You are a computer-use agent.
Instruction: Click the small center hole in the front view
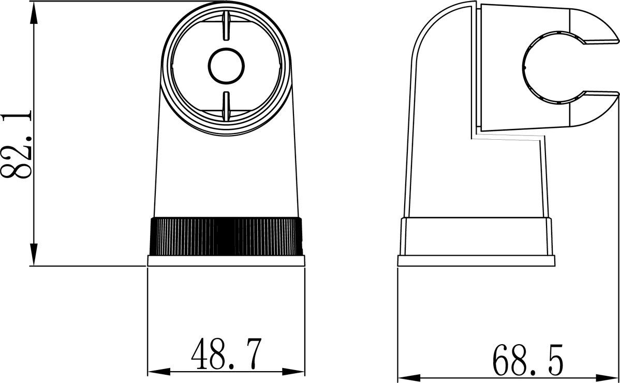[x=226, y=65]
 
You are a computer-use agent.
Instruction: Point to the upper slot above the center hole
[x=226, y=26]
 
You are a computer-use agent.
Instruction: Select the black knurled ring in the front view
[x=226, y=237]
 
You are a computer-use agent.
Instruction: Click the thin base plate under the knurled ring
[x=226, y=261]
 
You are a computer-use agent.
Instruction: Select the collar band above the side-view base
[x=476, y=236]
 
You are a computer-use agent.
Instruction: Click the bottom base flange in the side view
[x=476, y=261]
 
